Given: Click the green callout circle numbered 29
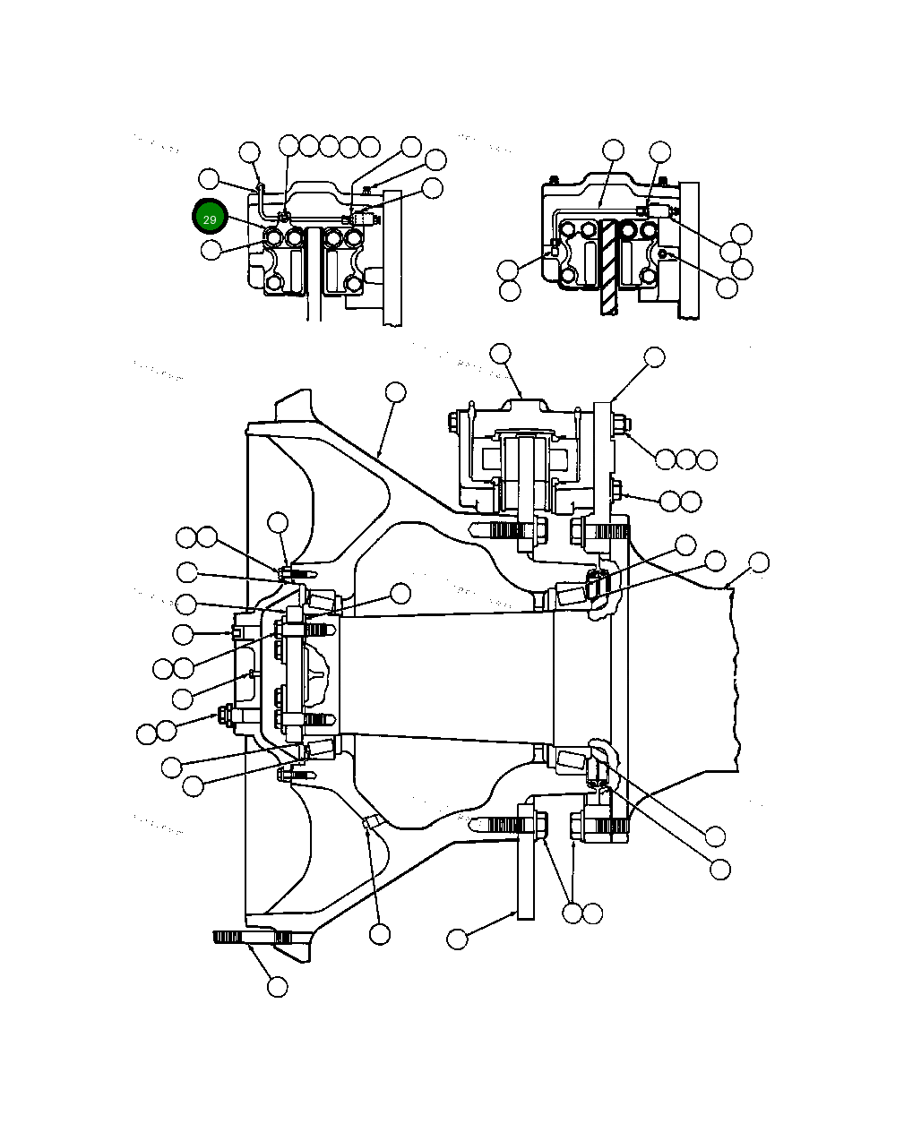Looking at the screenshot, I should [x=209, y=218].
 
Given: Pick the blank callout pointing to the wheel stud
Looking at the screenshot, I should [x=278, y=987].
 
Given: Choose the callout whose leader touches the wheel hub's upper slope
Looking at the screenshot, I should [x=395, y=392].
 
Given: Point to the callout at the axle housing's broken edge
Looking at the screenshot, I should [x=759, y=562].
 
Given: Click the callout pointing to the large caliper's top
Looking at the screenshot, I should [x=500, y=354].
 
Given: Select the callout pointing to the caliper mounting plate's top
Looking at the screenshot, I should [x=655, y=357].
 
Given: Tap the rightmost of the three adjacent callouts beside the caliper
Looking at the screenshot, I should [x=707, y=460].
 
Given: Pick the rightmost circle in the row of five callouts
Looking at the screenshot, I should [x=369, y=146].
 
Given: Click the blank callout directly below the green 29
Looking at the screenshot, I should [x=211, y=250].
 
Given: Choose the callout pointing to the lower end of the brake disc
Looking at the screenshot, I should [x=458, y=939].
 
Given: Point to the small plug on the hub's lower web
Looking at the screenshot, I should [x=370, y=821].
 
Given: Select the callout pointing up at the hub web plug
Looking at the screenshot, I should [x=380, y=934].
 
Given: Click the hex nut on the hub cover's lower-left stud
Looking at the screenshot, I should [x=222, y=714].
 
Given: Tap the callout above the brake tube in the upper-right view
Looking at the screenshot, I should [x=613, y=150].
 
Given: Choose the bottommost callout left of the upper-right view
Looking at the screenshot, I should [x=510, y=291].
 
